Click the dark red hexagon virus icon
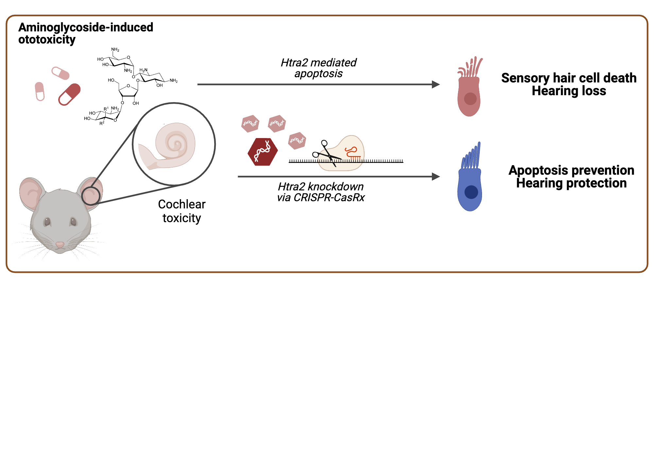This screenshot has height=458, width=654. (x=263, y=152)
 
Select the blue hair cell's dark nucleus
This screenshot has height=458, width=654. (x=471, y=192)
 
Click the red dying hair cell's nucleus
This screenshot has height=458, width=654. (x=470, y=99)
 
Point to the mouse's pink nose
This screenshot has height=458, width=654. (x=60, y=244)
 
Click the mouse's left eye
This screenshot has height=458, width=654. (x=47, y=222)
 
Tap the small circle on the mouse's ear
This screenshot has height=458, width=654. (x=91, y=196)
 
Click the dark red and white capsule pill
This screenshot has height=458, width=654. (x=69, y=94)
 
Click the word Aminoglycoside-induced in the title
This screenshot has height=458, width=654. (x=86, y=27)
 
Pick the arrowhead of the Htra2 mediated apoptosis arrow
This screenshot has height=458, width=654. (x=436, y=84)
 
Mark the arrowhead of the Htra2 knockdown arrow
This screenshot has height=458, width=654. (x=436, y=177)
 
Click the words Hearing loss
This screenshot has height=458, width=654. (x=569, y=91)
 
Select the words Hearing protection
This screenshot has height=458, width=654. (x=571, y=183)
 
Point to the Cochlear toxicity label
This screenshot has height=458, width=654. (x=181, y=211)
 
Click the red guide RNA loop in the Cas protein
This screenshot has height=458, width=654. (x=352, y=151)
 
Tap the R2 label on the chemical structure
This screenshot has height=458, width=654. (x=102, y=123)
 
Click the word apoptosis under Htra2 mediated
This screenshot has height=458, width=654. (x=318, y=74)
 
